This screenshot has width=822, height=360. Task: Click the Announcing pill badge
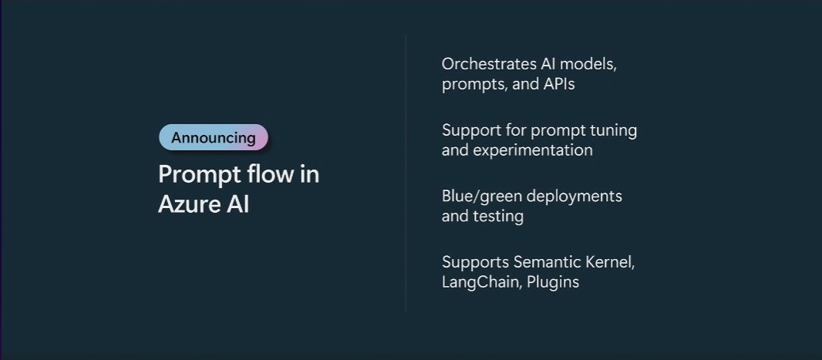pyautogui.click(x=214, y=138)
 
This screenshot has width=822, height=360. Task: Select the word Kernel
pyautogui.click(x=612, y=262)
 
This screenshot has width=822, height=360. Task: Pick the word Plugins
pyautogui.click(x=553, y=282)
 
